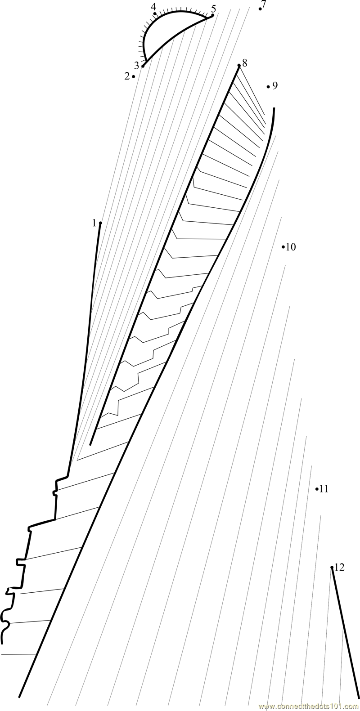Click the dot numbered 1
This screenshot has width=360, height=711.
100,223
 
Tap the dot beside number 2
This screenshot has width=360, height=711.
134,77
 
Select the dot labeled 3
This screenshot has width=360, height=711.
143,66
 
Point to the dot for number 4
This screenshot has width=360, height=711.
155,13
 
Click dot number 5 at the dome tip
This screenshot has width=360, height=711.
212,15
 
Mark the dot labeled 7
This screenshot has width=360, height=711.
260,9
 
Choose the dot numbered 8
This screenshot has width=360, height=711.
239,66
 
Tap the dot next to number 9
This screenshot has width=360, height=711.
268,86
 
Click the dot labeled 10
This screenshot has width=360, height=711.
283,246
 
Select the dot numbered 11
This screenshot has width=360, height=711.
317,489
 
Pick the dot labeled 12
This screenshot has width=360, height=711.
332,568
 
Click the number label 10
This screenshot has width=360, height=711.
291,247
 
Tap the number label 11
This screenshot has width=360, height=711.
324,489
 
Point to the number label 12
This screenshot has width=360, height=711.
339,568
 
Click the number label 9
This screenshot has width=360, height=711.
275,85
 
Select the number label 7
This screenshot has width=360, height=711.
264,4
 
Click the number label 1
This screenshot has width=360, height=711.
94,223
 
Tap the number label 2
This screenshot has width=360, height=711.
127,76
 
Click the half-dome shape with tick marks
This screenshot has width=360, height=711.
169,31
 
